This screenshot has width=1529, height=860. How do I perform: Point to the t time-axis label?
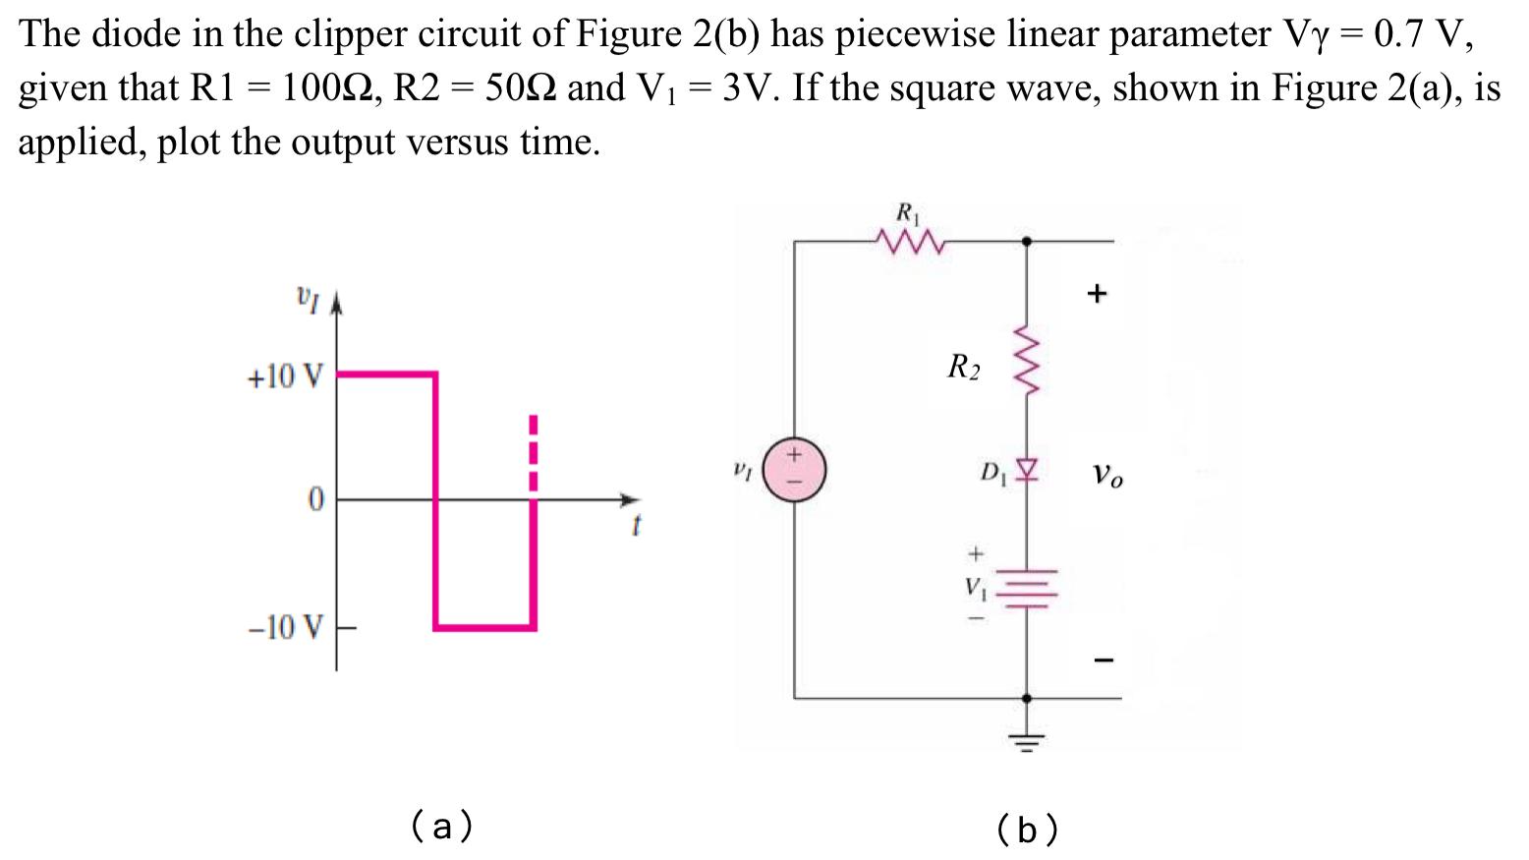coord(635,528)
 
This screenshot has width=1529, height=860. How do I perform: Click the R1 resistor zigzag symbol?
coord(909,241)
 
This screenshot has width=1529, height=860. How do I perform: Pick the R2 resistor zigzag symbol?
coord(1027,361)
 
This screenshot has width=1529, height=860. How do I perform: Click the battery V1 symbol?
coord(1028,588)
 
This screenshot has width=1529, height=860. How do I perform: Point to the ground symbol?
coord(1027,738)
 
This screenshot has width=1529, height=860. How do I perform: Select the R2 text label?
coord(963,368)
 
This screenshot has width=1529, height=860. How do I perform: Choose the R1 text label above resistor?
coord(907,211)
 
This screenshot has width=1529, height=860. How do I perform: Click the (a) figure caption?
coord(441,826)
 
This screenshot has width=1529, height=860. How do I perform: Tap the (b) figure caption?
coord(1027,830)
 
